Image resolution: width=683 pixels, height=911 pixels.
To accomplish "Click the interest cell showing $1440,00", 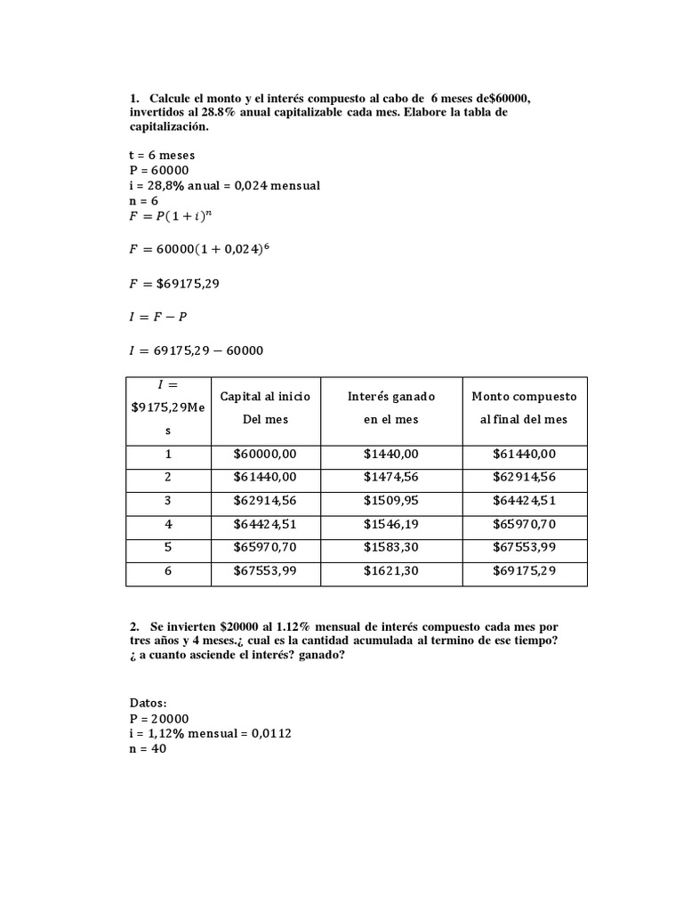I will (390, 455).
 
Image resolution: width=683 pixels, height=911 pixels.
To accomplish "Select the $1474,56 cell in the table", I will (390, 478).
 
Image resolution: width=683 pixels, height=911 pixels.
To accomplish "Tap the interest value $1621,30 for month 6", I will (390, 571).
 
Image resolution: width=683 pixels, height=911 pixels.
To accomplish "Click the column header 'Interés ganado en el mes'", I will (390, 407).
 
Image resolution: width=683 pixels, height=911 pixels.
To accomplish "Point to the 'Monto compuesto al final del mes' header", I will (524, 407).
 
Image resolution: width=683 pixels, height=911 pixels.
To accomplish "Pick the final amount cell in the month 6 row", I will (524, 571).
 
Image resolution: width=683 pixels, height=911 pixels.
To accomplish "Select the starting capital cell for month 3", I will (264, 501).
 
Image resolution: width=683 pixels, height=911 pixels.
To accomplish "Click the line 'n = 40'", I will (148, 749).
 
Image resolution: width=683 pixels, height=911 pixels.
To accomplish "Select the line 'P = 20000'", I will (159, 719).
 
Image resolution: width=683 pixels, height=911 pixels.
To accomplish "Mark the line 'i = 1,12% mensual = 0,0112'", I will (210, 734).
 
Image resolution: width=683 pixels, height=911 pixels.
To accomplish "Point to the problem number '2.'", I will (135, 628).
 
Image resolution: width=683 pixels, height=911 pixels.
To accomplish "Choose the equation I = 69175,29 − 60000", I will (197, 351).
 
